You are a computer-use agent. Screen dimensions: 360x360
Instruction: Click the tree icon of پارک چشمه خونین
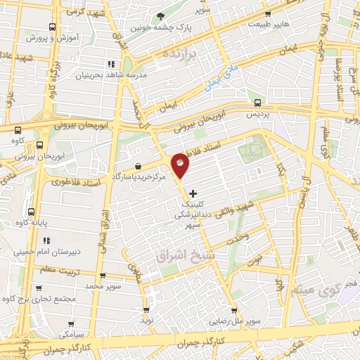click(162, 15)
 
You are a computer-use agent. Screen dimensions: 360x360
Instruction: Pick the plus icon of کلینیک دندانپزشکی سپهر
click(193, 193)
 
